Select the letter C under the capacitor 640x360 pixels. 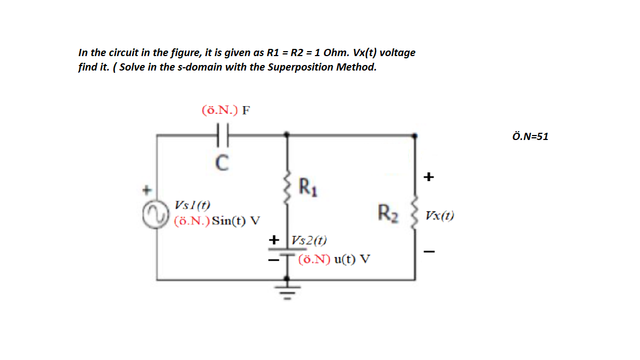click(221, 162)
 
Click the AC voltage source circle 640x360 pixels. click(153, 214)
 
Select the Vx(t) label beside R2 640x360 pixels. click(440, 216)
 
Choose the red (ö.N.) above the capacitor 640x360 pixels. click(219, 109)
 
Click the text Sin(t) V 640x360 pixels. click(236, 220)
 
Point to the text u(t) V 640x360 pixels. click(354, 259)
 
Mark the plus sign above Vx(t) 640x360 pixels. click(428, 177)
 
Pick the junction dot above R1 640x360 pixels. click(287, 134)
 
